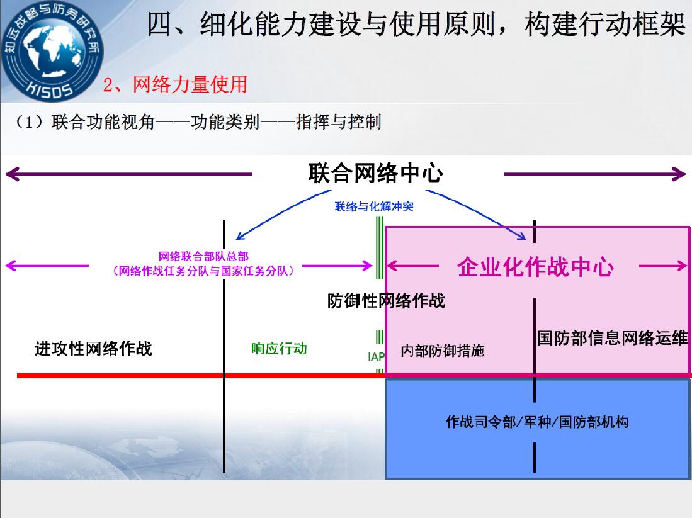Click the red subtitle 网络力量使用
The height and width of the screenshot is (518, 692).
[x=190, y=84]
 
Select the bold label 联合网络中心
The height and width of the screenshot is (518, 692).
[x=375, y=172]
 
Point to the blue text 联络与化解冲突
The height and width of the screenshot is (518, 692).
[x=374, y=206]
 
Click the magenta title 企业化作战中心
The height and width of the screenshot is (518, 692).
[x=535, y=266]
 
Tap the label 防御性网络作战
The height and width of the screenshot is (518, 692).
[x=386, y=301]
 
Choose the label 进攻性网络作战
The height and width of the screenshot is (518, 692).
[x=94, y=349]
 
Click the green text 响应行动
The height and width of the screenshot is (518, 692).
[x=279, y=349]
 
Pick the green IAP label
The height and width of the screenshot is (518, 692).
[x=376, y=356]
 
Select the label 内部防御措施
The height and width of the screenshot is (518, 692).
[x=443, y=351]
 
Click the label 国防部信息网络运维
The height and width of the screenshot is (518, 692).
[x=613, y=338]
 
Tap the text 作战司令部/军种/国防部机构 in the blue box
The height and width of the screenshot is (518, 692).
[x=537, y=422]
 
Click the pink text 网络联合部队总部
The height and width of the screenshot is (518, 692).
[x=203, y=256]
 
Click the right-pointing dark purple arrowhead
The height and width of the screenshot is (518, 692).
[x=679, y=174]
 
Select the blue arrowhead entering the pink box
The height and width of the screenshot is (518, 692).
[x=521, y=236]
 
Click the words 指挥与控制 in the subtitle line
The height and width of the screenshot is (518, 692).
[x=339, y=121]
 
